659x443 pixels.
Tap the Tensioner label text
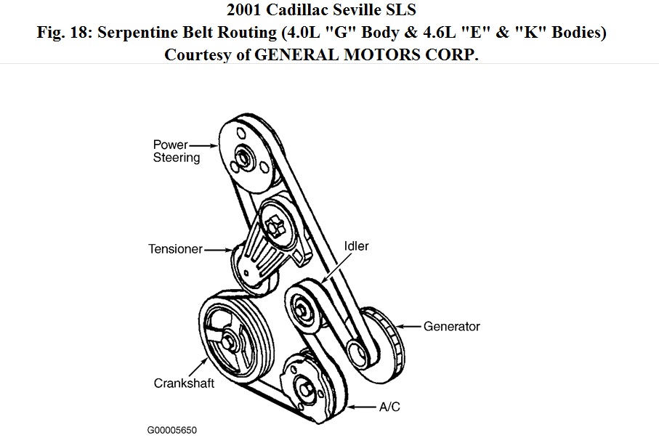pyautogui.click(x=175, y=249)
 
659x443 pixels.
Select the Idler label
pyautogui.click(x=356, y=246)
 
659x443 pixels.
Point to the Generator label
pyautogui.click(x=452, y=327)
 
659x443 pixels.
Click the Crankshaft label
pyautogui.click(x=184, y=383)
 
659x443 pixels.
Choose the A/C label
pyautogui.click(x=389, y=407)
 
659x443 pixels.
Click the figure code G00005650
pyautogui.click(x=171, y=430)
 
